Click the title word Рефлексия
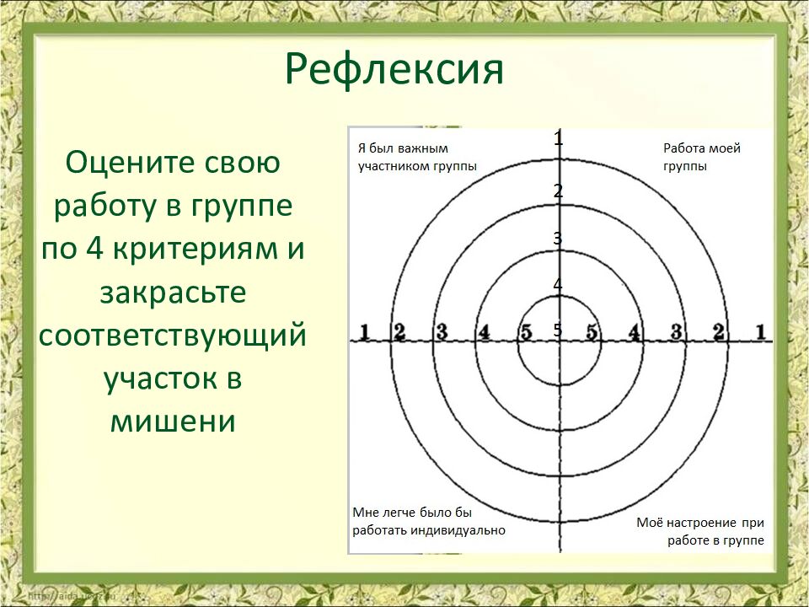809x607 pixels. pyautogui.click(x=394, y=69)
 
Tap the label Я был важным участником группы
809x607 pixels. pyautogui.click(x=417, y=157)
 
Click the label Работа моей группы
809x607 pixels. pyautogui.click(x=701, y=157)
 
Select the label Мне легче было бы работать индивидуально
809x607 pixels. pyautogui.click(x=428, y=521)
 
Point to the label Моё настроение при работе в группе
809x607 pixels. pyautogui.click(x=700, y=531)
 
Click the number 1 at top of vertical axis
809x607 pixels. pyautogui.click(x=558, y=139)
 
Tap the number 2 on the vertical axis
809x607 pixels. pyautogui.click(x=558, y=191)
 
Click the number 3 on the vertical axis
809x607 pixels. pyautogui.click(x=558, y=239)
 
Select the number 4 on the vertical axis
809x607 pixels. pyautogui.click(x=558, y=285)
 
